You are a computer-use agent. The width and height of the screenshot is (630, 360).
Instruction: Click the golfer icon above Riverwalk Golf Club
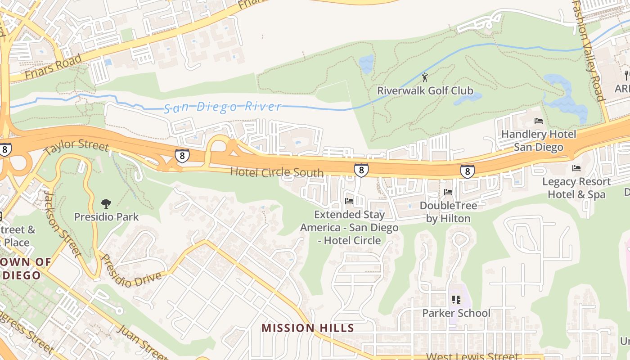coord(424,77)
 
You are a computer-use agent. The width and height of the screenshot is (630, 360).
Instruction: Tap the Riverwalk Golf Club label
coord(425,91)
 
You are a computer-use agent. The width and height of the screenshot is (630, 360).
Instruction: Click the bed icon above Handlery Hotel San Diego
coord(538,121)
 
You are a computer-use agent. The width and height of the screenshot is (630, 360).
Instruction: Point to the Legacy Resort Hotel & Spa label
coord(576,188)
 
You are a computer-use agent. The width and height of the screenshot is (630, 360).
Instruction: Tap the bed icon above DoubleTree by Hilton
coord(448,192)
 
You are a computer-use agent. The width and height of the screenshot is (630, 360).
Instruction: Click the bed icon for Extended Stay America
coord(349,201)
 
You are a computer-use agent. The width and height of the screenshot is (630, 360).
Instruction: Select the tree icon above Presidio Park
coord(106,204)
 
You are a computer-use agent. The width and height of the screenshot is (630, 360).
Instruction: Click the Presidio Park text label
coord(106,217)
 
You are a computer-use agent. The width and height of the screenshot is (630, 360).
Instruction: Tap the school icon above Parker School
coord(456,299)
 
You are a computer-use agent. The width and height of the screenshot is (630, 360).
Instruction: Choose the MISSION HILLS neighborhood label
coord(308,328)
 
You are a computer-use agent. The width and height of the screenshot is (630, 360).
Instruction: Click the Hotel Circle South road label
coord(277,172)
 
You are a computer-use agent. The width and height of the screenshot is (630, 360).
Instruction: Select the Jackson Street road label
coord(63,223)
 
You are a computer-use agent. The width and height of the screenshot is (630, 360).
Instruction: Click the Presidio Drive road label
coord(131,273)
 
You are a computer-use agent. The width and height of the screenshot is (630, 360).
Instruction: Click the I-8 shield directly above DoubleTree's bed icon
coord(467,171)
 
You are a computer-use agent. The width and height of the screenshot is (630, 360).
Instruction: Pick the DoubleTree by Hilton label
coord(448,212)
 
